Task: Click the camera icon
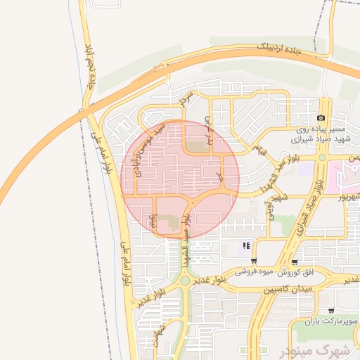click(321, 118)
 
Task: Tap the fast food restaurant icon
click(246, 245)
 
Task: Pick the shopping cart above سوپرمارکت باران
click(330, 310)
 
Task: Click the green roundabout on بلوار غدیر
click(184, 281)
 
